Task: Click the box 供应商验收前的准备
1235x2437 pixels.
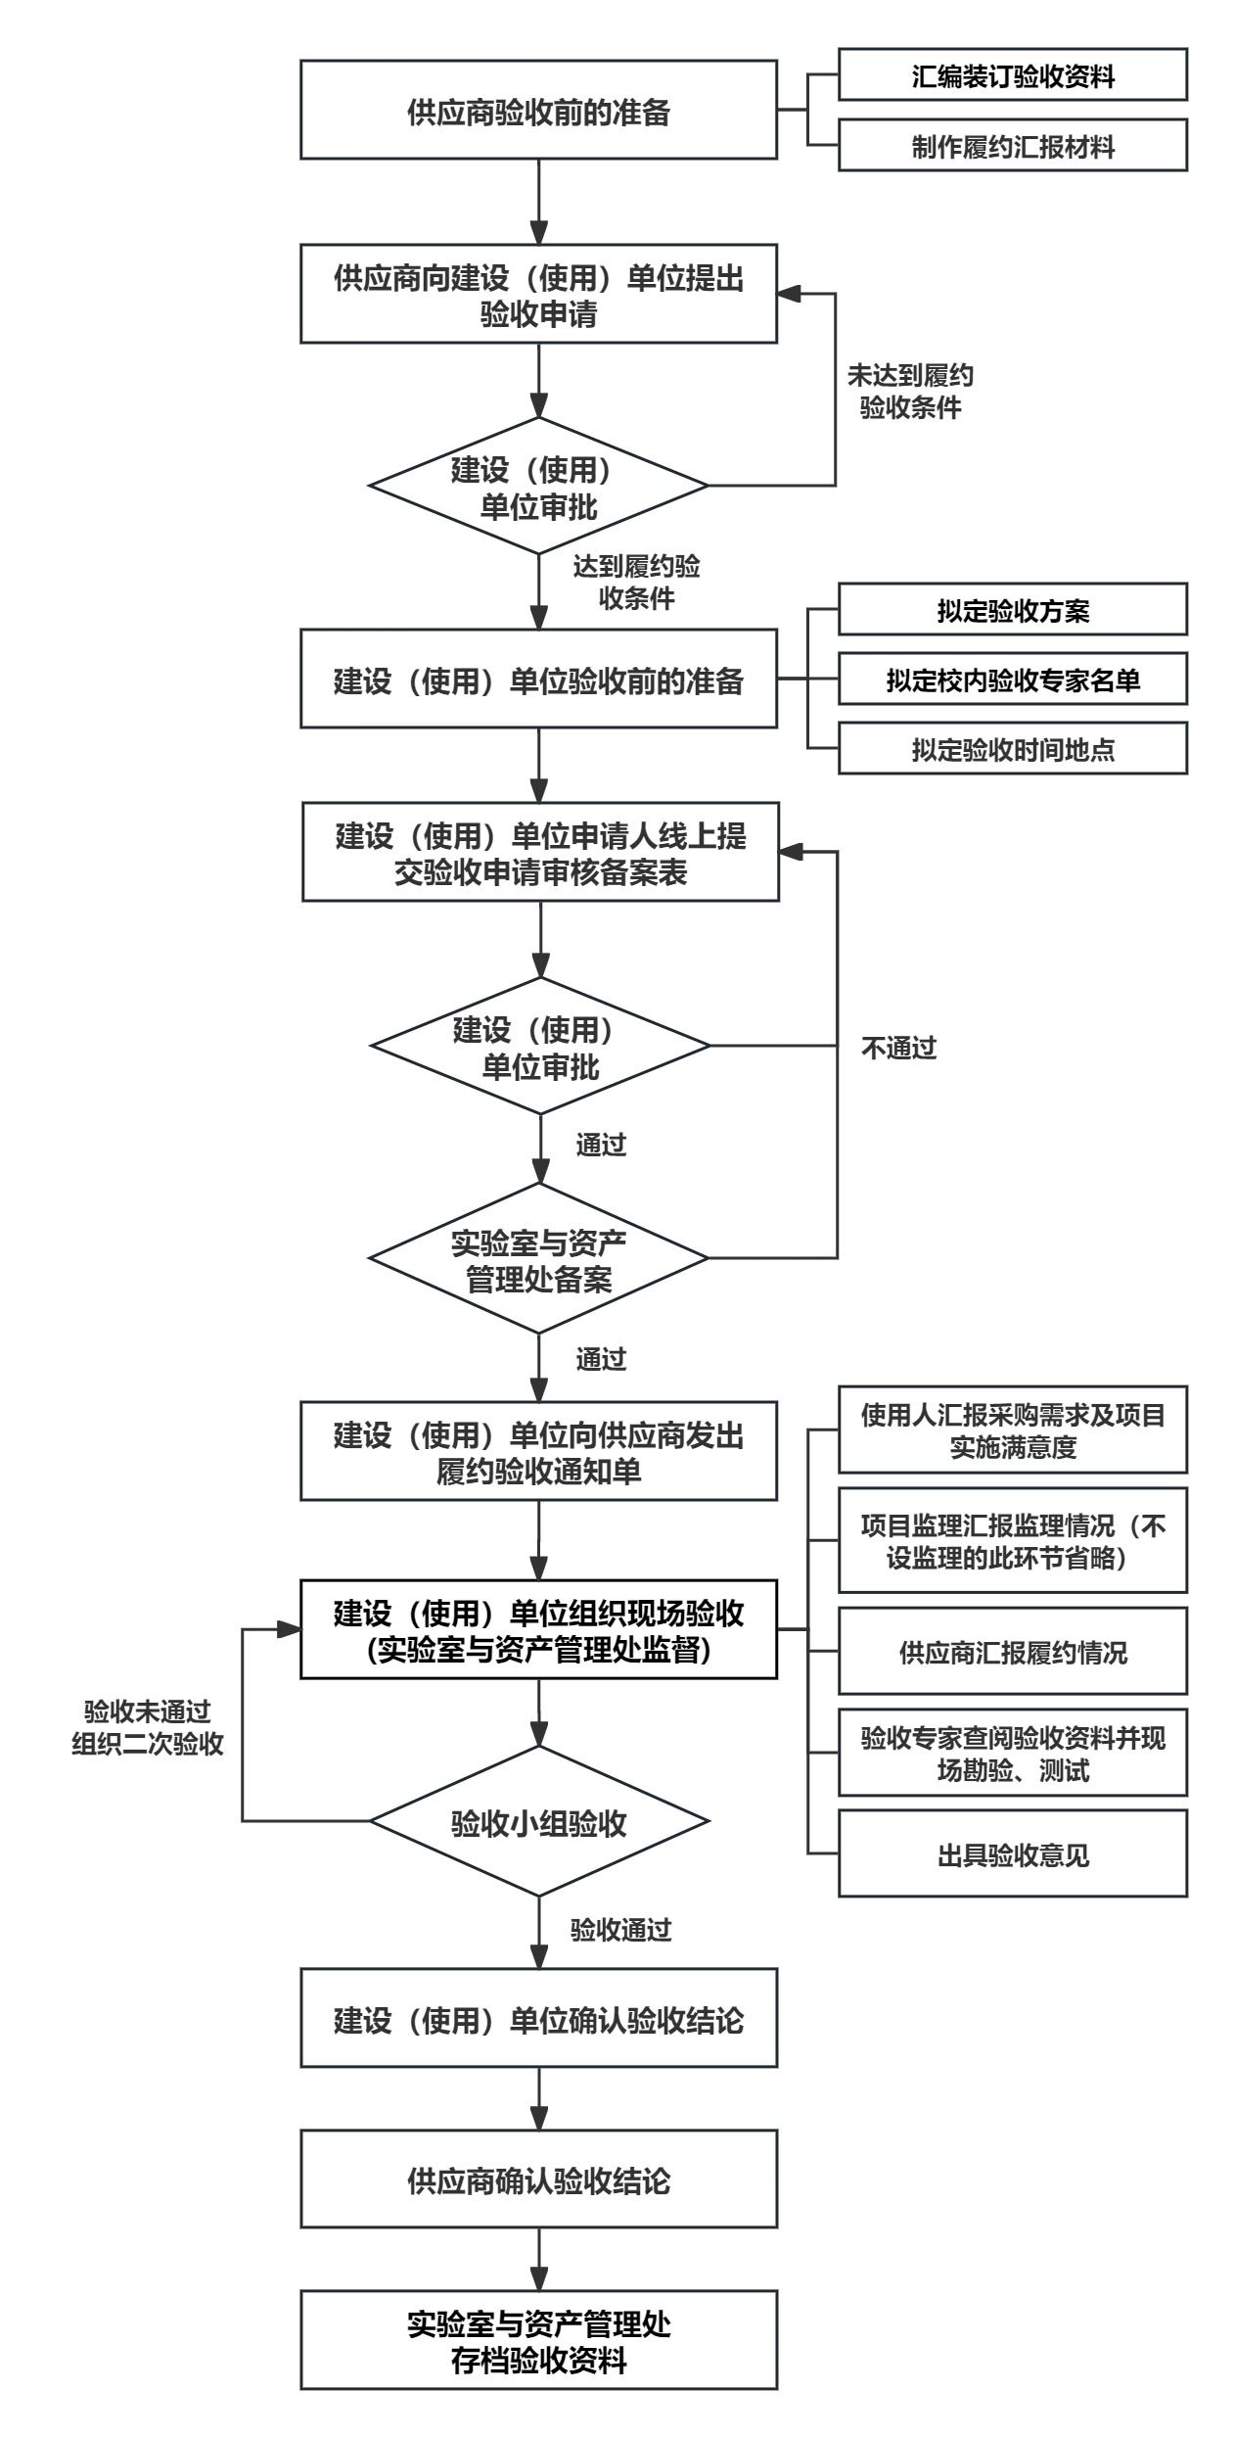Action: coord(538,110)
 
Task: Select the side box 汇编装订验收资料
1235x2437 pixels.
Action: coord(1012,75)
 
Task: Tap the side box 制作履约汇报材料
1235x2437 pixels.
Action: coord(1012,146)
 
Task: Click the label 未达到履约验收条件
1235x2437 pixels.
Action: coord(910,392)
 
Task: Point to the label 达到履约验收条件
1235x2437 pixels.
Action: coord(636,583)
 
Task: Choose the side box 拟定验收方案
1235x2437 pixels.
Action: coord(1012,610)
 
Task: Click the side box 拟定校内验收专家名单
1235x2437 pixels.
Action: coord(1012,680)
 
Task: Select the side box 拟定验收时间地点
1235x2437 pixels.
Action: coord(1012,749)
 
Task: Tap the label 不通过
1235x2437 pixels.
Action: coord(898,1049)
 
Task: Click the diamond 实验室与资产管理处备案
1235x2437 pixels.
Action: coord(538,1259)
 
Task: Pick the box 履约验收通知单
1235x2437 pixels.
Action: coord(538,1452)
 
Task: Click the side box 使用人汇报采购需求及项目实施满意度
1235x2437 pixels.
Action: coord(1012,1430)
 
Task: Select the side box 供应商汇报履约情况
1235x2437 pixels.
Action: coord(1012,1653)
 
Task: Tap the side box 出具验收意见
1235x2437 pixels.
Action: coord(1012,1855)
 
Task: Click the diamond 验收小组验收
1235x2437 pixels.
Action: coord(538,1822)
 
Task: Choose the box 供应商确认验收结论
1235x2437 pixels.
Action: coord(538,2181)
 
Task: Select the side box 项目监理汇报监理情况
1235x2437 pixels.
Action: coord(1012,1541)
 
